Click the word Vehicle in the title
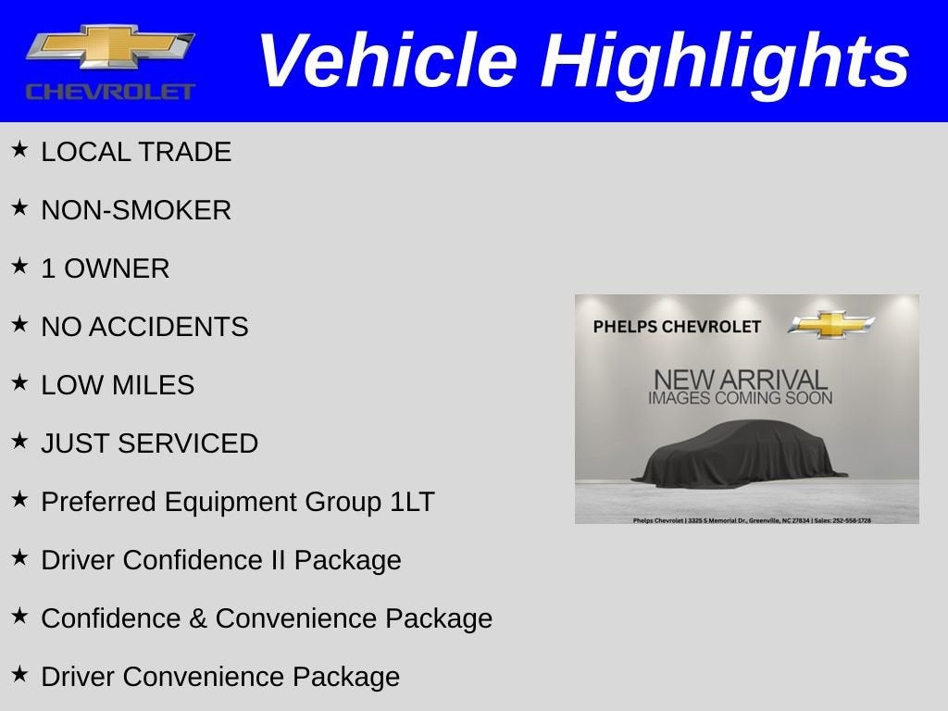[x=387, y=61]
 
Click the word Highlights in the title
[x=725, y=61]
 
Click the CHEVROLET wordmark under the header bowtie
[x=110, y=92]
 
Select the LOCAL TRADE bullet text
[x=136, y=152]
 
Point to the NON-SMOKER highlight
[x=136, y=210]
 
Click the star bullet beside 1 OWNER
[x=19, y=267]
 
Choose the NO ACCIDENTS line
[x=144, y=327]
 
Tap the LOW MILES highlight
[x=118, y=385]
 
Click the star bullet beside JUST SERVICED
[x=19, y=442]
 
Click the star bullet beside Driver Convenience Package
[x=19, y=675]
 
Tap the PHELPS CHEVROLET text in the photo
[x=677, y=327]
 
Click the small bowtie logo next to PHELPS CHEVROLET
[x=831, y=325]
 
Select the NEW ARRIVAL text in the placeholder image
[x=740, y=380]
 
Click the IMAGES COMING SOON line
[x=740, y=398]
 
